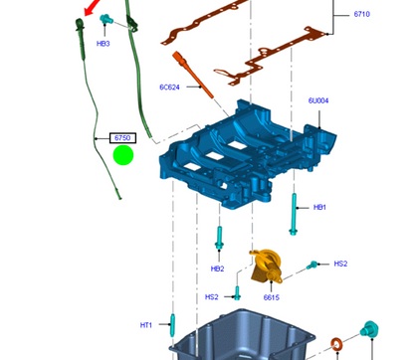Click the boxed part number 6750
pyautogui.click(x=122, y=138)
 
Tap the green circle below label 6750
pyautogui.click(x=123, y=155)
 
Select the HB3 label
pyautogui.click(x=103, y=44)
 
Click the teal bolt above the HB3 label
pyautogui.click(x=106, y=19)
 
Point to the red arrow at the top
pyautogui.click(x=92, y=7)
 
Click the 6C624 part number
pyautogui.click(x=169, y=88)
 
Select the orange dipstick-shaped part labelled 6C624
pyautogui.click(x=193, y=75)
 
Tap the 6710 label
pyautogui.click(x=362, y=14)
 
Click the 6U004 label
pyautogui.click(x=318, y=100)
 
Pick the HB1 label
pyautogui.click(x=319, y=207)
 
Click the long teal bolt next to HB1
pyautogui.click(x=294, y=214)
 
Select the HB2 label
pyautogui.click(x=218, y=269)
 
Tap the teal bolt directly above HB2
pyautogui.click(x=219, y=238)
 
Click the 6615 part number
pyautogui.click(x=272, y=297)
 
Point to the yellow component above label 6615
pyautogui.click(x=266, y=267)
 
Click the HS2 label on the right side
pyautogui.click(x=340, y=264)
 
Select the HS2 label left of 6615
pyautogui.click(x=212, y=297)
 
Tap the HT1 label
pyautogui.click(x=146, y=325)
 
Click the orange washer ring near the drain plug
pyautogui.click(x=337, y=344)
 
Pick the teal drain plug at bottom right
pyautogui.click(x=369, y=329)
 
